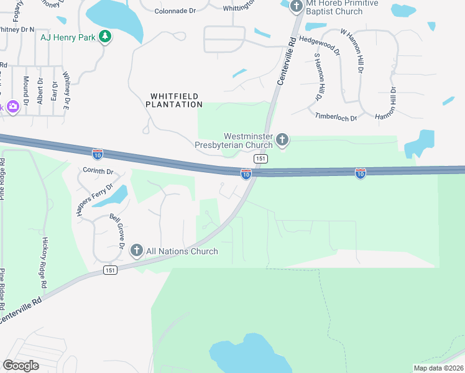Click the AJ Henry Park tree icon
(x=105, y=37)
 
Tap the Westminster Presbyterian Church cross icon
(x=282, y=139)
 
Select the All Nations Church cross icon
(x=137, y=251)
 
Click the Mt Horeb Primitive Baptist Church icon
(x=296, y=6)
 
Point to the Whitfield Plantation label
(x=174, y=100)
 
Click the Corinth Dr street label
(x=98, y=171)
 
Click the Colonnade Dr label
(x=175, y=11)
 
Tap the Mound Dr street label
(x=26, y=90)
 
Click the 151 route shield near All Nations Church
(x=110, y=270)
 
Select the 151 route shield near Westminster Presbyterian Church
(x=261, y=159)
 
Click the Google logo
(x=21, y=366)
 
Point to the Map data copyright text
(x=438, y=368)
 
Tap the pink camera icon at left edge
(x=12, y=107)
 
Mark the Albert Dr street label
(x=40, y=93)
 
